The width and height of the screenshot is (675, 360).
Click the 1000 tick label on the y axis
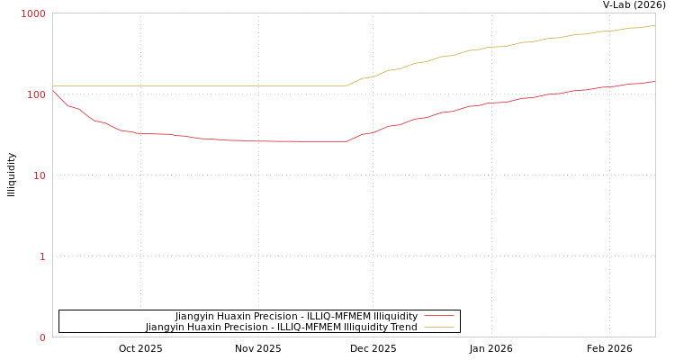[33, 13]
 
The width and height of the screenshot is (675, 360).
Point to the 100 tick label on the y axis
[36, 94]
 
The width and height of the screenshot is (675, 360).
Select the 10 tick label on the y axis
[39, 175]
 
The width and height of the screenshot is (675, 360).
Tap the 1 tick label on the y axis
[41, 256]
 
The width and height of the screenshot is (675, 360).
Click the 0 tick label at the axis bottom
[41, 337]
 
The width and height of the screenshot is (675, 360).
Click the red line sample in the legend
[438, 316]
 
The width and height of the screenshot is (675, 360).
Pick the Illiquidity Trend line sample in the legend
[438, 328]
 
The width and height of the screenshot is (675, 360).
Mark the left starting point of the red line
[53, 91]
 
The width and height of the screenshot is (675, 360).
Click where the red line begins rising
[346, 141]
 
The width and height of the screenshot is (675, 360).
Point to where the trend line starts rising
[346, 85]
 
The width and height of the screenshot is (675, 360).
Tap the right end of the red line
[654, 81]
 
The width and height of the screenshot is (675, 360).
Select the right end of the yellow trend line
[654, 25]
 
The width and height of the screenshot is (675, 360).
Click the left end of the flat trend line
[53, 85]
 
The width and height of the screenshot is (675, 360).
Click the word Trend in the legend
[401, 328]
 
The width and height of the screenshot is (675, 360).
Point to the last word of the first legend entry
[395, 316]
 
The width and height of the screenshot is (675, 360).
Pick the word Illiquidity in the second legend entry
[362, 328]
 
